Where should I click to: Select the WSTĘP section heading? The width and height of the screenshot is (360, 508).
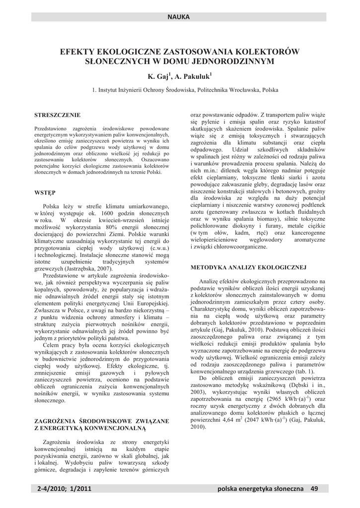(45, 192)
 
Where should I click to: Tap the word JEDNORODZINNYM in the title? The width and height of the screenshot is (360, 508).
(236, 61)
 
